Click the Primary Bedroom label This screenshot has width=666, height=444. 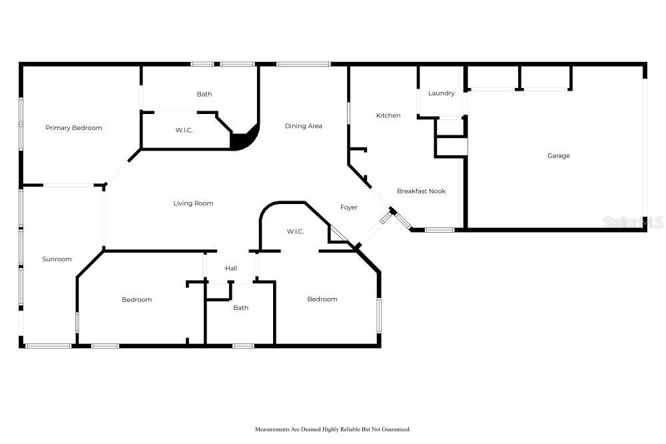click(x=74, y=127)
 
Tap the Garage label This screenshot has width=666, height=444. click(x=558, y=156)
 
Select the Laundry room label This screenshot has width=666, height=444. click(x=441, y=93)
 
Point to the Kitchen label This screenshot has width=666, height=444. click(x=388, y=116)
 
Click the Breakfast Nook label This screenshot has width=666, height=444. click(x=421, y=191)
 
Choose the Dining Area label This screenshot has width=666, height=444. click(x=304, y=126)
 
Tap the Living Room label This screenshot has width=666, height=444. click(x=193, y=203)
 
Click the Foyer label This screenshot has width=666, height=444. click(x=349, y=207)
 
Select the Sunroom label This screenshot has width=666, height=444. click(x=57, y=259)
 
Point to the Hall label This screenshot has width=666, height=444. click(x=231, y=269)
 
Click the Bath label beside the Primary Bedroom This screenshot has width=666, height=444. click(x=204, y=95)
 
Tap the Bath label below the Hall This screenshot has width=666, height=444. click(x=240, y=308)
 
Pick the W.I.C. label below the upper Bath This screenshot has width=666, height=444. click(x=184, y=131)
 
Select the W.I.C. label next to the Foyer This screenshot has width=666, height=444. click(x=295, y=232)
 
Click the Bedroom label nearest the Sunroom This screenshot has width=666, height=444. click(x=137, y=300)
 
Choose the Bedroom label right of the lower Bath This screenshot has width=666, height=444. click(x=322, y=299)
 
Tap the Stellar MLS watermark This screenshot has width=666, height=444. click(x=633, y=223)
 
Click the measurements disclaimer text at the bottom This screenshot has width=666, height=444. click(x=332, y=429)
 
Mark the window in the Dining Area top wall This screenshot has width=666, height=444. click(x=303, y=64)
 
